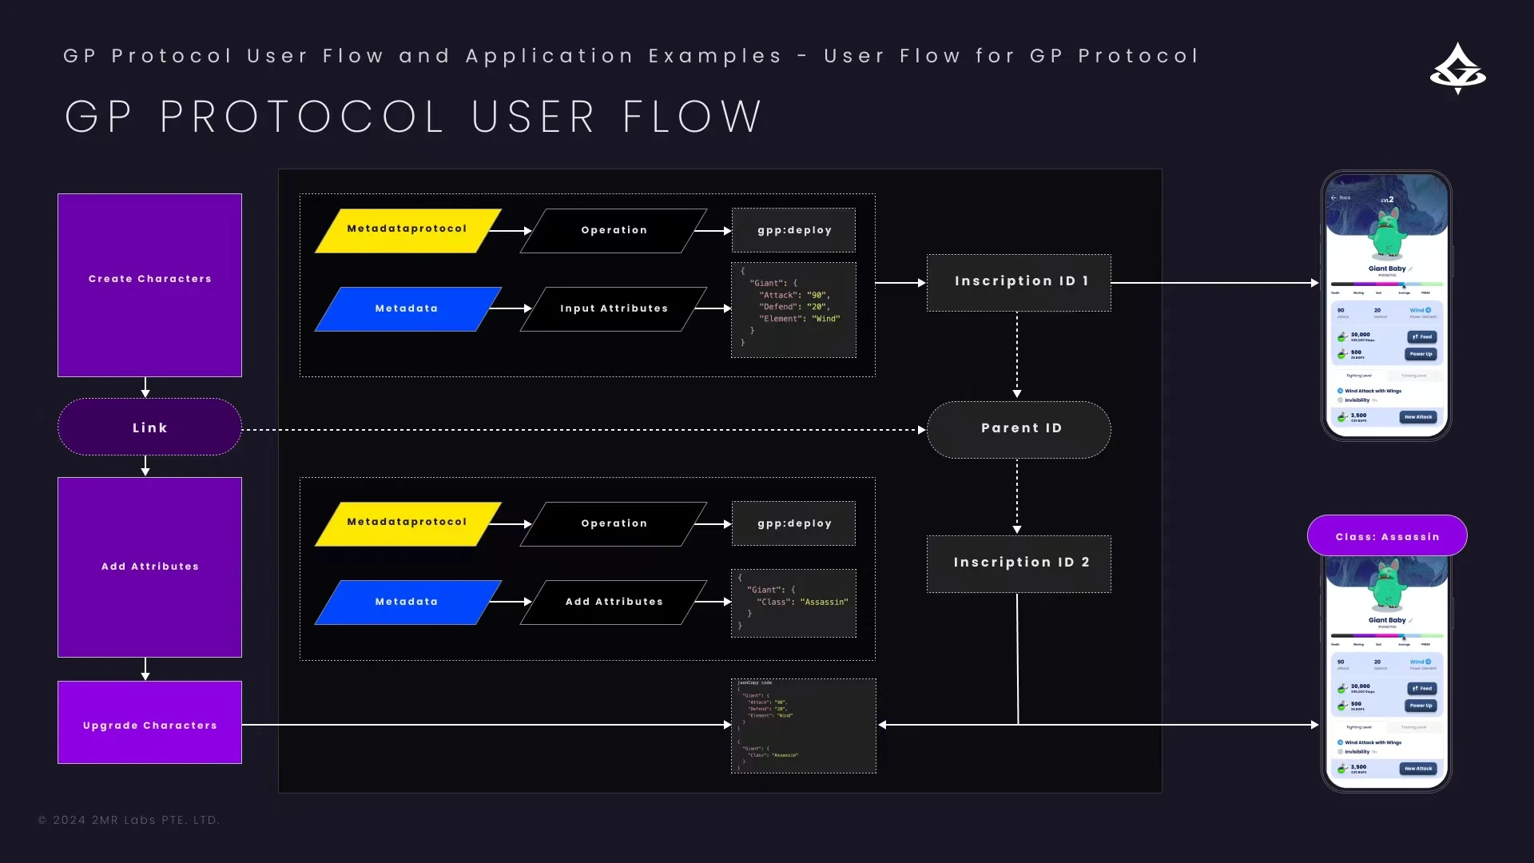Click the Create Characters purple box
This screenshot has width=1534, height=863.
point(149,284)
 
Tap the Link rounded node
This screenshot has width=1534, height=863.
point(149,428)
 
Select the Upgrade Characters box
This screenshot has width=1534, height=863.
point(149,722)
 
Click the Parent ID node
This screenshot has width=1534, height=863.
point(1019,429)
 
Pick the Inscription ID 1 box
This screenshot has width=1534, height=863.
point(1019,282)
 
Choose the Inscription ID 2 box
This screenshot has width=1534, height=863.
point(1019,563)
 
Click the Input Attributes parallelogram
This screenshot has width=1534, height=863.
point(614,309)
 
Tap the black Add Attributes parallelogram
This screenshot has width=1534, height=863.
point(614,603)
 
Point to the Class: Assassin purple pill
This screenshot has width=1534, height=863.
point(1387,536)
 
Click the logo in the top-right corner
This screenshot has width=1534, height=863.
point(1457,69)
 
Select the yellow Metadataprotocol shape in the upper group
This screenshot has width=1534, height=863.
point(407,230)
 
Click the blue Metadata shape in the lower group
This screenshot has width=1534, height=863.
point(407,603)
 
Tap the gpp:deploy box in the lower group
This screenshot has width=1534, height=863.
point(793,523)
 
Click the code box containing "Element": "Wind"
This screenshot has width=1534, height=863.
point(793,310)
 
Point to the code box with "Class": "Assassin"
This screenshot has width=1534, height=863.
point(793,603)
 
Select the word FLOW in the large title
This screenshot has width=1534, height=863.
point(692,117)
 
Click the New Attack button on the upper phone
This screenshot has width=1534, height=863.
point(1418,417)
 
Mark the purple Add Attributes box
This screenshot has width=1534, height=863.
point(149,567)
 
